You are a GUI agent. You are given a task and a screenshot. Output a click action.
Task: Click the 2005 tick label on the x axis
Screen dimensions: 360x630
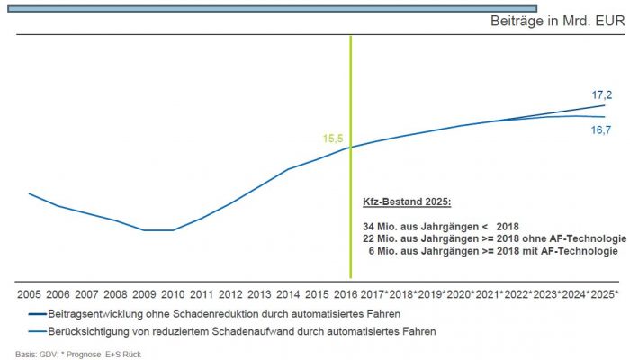[30, 294]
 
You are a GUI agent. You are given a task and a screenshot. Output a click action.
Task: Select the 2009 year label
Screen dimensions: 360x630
[144, 294]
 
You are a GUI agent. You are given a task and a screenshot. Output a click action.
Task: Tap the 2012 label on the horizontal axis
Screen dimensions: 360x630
[230, 294]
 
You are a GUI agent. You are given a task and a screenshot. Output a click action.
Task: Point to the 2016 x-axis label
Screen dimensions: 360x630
[346, 294]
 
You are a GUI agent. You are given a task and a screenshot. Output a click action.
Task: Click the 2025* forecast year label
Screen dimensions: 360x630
[606, 294]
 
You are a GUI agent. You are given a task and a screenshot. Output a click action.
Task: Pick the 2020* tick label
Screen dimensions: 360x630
[461, 294]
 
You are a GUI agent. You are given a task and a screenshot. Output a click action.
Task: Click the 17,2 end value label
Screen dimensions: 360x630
[602, 94]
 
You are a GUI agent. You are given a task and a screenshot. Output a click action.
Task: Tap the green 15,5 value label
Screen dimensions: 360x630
[334, 139]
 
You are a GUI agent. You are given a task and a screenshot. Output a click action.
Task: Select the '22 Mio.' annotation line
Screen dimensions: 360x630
[490, 238]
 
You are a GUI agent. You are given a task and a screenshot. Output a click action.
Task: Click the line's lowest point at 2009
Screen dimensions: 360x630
[145, 229]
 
